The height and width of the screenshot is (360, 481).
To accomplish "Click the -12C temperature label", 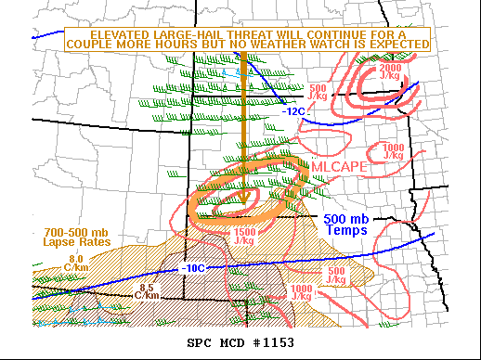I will tap(293, 110).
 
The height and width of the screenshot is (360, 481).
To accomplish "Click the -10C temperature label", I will tap(193, 268).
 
